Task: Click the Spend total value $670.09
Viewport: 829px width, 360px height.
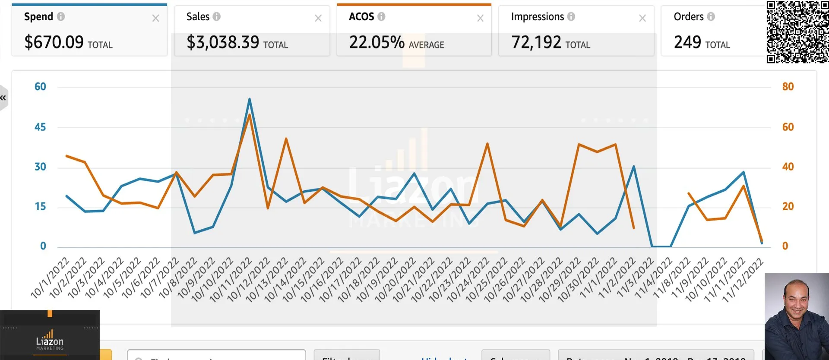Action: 54,42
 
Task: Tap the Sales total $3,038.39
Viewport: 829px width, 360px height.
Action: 223,42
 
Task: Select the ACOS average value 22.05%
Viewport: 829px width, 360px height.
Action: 377,42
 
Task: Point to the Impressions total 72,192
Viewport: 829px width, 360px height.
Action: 536,42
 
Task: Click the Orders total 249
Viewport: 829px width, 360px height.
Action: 687,42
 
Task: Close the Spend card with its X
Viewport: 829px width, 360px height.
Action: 156,19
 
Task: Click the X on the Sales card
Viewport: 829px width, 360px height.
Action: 318,19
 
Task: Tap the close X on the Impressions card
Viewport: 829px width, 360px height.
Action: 642,19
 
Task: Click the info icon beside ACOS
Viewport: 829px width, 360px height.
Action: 381,17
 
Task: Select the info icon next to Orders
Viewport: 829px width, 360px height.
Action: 711,17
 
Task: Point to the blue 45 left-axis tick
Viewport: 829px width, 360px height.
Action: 40,127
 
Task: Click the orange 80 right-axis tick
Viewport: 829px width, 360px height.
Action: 788,87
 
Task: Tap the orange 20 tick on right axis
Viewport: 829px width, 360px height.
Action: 788,206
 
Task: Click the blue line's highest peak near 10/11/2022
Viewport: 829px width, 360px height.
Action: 250,99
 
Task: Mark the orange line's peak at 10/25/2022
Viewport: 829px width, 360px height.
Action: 487,143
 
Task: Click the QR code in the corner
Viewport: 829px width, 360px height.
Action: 797,32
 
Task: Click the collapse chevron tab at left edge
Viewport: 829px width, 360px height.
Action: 3,98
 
